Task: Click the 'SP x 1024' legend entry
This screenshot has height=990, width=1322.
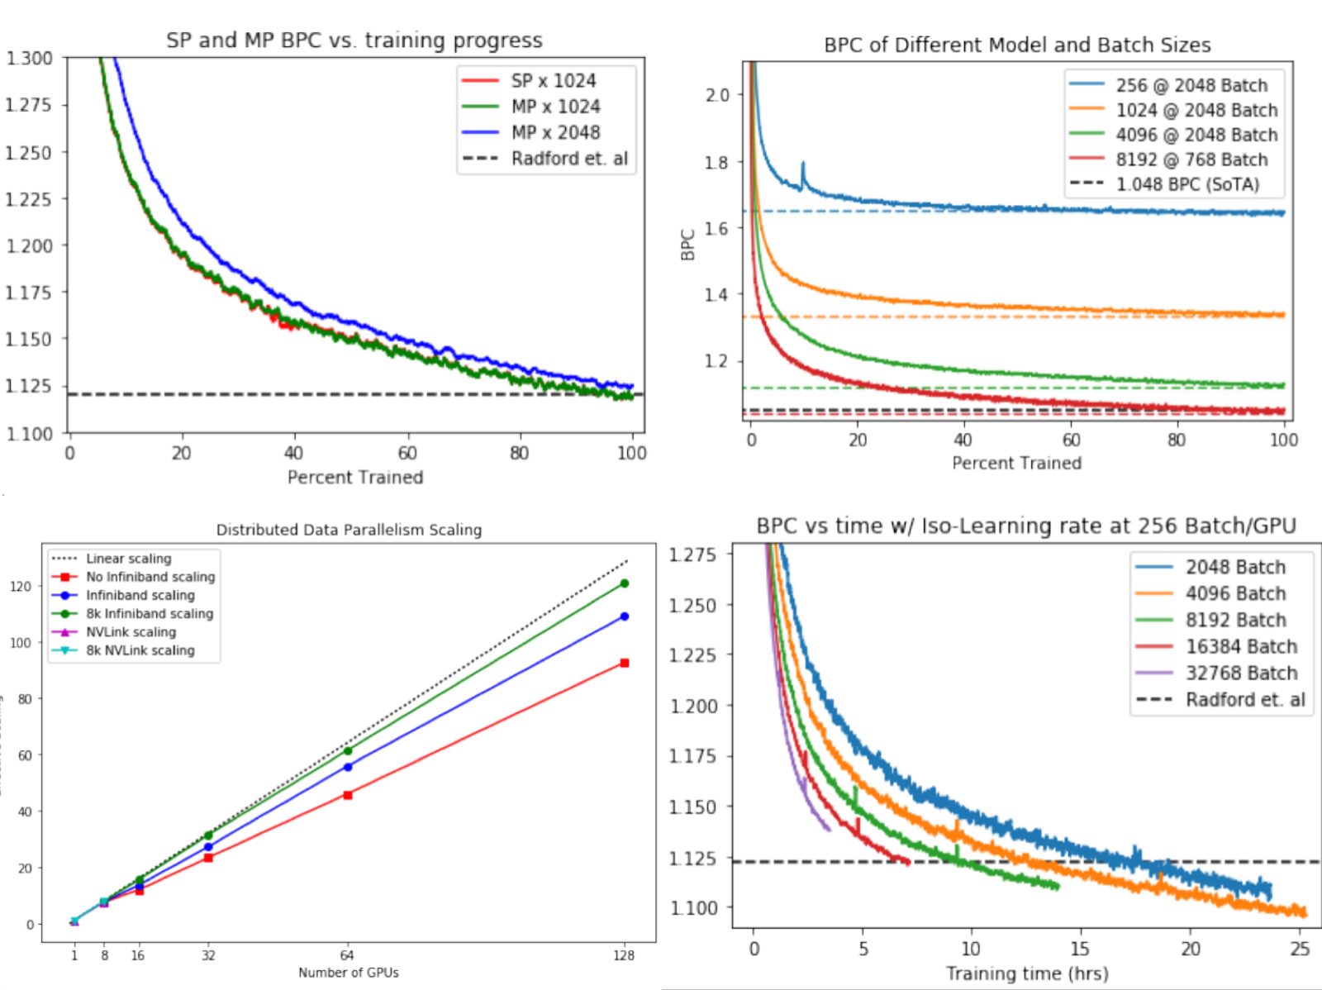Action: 553,81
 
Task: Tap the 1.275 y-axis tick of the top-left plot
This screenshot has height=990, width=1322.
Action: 28,105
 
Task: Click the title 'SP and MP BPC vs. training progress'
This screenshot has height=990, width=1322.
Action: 354,40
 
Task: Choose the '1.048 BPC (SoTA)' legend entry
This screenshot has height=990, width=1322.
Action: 1187,184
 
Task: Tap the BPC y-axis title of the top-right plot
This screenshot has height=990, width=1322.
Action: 688,245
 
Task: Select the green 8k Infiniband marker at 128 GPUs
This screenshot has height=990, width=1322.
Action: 625,583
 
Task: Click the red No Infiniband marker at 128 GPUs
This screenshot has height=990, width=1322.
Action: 625,663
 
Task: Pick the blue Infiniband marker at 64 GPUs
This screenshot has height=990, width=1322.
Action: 348,767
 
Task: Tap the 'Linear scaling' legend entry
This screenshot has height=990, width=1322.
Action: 128,559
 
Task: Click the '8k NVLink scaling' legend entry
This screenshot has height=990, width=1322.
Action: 140,650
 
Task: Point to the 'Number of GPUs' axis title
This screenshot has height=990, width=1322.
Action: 349,973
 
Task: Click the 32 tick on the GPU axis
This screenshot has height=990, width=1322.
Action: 208,955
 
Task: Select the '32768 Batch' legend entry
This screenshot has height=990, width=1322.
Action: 1241,673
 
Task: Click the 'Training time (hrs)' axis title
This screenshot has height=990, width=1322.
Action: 1027,973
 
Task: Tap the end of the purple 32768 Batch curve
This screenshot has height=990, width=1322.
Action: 828,829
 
